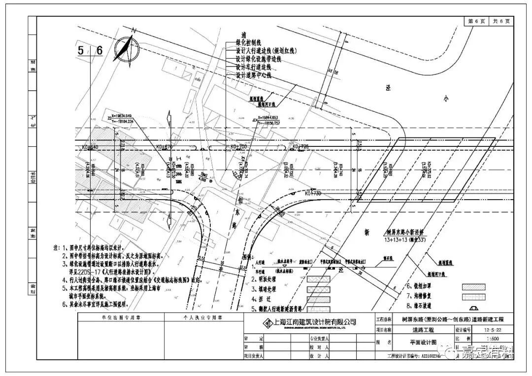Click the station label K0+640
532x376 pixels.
coord(91,147)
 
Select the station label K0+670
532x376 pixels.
coord(164,147)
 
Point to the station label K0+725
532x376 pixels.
coord(300,147)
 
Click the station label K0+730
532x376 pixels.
coord(314,194)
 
